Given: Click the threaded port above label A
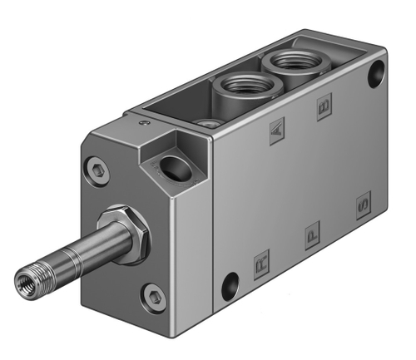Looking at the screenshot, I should [238, 84].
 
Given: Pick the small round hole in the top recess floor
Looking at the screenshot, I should [213, 122].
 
